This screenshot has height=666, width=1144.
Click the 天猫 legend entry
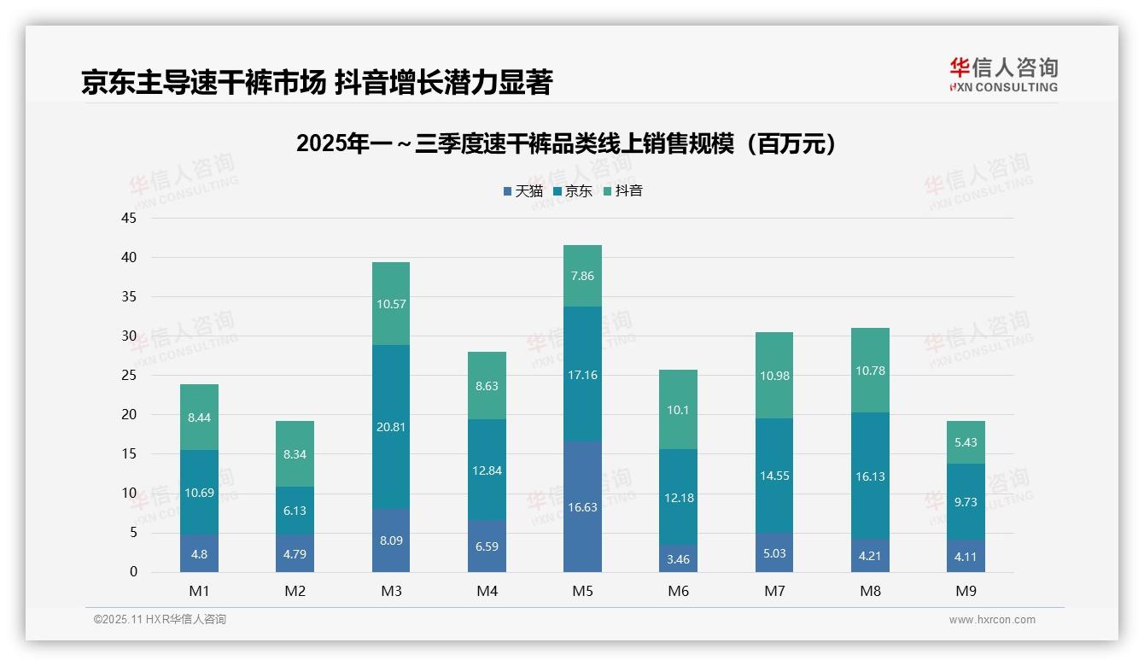pos(522,191)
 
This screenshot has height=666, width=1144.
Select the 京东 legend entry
pos(573,191)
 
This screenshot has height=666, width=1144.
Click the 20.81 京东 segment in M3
pos(391,427)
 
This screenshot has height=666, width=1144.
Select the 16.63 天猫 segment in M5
pos(582,506)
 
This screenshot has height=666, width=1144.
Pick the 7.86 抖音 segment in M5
pos(582,276)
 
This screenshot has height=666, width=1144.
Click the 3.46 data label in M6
pos(679,560)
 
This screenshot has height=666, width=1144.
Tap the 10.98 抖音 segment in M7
pos(774,376)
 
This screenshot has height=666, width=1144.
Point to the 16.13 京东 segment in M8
pos(870,476)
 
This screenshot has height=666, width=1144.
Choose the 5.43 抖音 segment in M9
pos(966,442)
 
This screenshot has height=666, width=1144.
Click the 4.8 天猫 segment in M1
pos(200,553)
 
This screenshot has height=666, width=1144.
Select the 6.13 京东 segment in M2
pos(295,511)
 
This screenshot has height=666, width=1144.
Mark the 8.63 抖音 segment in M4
pos(487,386)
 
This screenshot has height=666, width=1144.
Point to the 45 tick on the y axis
pos(129,218)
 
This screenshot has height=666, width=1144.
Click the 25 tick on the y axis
pos(129,375)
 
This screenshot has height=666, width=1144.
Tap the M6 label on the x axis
pos(679,591)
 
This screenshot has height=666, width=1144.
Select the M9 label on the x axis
pos(966,591)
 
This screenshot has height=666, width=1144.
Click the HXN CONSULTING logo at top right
pos(1003,75)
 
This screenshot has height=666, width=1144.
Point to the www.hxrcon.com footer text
pos(992,620)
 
